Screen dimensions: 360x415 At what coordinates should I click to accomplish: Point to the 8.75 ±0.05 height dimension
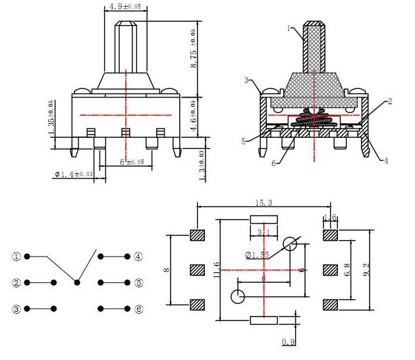pyautogui.click(x=194, y=48)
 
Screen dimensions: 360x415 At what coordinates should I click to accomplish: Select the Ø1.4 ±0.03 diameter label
pyautogui.click(x=74, y=175)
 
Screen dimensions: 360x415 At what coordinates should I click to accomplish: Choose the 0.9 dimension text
pyautogui.click(x=287, y=342)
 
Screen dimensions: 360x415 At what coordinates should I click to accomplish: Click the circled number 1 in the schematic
pyautogui.click(x=16, y=256)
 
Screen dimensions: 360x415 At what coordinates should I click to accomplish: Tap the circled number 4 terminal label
pyautogui.click(x=138, y=256)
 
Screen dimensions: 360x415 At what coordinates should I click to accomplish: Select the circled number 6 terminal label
pyautogui.click(x=138, y=309)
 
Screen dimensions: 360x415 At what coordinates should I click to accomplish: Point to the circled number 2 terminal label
pyautogui.click(x=16, y=283)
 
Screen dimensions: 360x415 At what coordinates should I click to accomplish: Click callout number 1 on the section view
pyautogui.click(x=289, y=28)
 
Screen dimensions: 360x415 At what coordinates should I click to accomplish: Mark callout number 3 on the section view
pyautogui.click(x=246, y=80)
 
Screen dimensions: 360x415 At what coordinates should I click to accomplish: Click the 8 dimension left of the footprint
pyautogui.click(x=167, y=269)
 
